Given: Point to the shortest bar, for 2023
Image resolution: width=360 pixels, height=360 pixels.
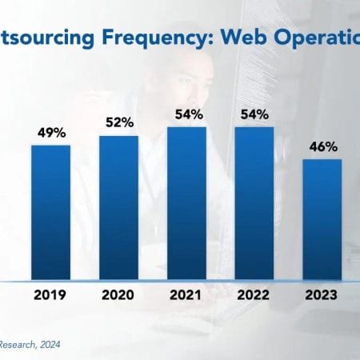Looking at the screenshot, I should [x=322, y=219].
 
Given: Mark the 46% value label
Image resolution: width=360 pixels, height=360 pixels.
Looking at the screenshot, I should [x=323, y=146].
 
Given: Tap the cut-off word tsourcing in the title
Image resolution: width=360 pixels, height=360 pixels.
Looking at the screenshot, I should [x=41, y=37].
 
